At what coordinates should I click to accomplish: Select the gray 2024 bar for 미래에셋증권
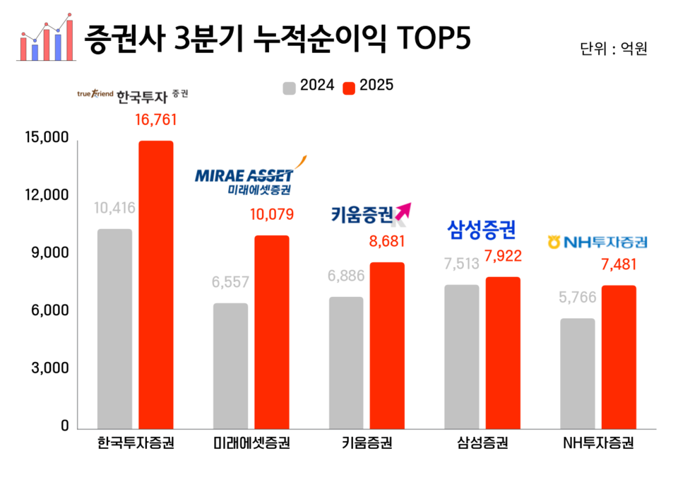coord(230,365)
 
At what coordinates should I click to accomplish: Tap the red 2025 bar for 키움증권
coord(388,345)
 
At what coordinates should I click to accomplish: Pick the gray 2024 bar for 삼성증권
coord(462,356)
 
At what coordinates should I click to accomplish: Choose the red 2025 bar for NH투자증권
coord(619,357)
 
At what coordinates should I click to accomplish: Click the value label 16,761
coord(155,119)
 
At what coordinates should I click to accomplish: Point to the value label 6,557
coord(230,282)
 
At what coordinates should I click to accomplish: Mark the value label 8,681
coord(388,241)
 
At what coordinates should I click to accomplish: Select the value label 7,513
coord(462,264)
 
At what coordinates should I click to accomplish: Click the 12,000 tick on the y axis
coord(44,196)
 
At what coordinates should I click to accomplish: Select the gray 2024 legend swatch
coord(289,88)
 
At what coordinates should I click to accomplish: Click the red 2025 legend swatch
coord(348,88)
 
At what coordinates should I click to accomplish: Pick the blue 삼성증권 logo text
coord(482,229)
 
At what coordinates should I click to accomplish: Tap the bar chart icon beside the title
coord(46,36)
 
